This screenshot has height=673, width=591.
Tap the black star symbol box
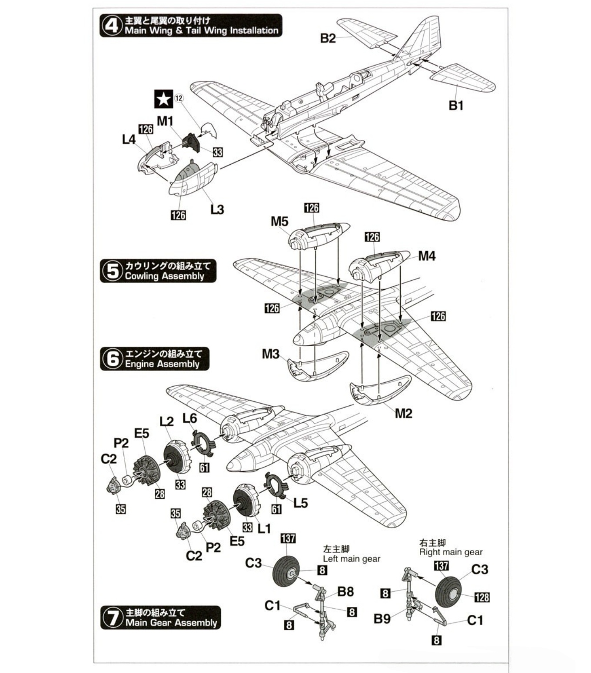pos(164,99)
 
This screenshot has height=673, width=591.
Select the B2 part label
pos(328,38)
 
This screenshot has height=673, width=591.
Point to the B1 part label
pos(456,106)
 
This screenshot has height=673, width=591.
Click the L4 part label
pos(129,140)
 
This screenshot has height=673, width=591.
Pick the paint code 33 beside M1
pos(217,152)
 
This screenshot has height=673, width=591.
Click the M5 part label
pos(279,222)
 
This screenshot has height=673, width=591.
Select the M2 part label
pos(403,413)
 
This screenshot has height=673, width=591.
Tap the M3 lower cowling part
pos(317,365)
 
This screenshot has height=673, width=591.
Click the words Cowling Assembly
pos(164,276)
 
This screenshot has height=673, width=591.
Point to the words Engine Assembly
pos(162,364)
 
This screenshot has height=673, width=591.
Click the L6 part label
pos(189,418)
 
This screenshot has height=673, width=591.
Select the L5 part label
pos(300,503)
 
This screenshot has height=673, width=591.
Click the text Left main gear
pos(352,559)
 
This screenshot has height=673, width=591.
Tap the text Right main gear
pos(451,552)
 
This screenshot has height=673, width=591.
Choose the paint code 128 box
pos(481,597)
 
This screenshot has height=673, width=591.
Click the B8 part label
pos(345,591)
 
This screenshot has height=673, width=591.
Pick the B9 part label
pos(382,618)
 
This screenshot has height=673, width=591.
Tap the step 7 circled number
pos(113,617)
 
